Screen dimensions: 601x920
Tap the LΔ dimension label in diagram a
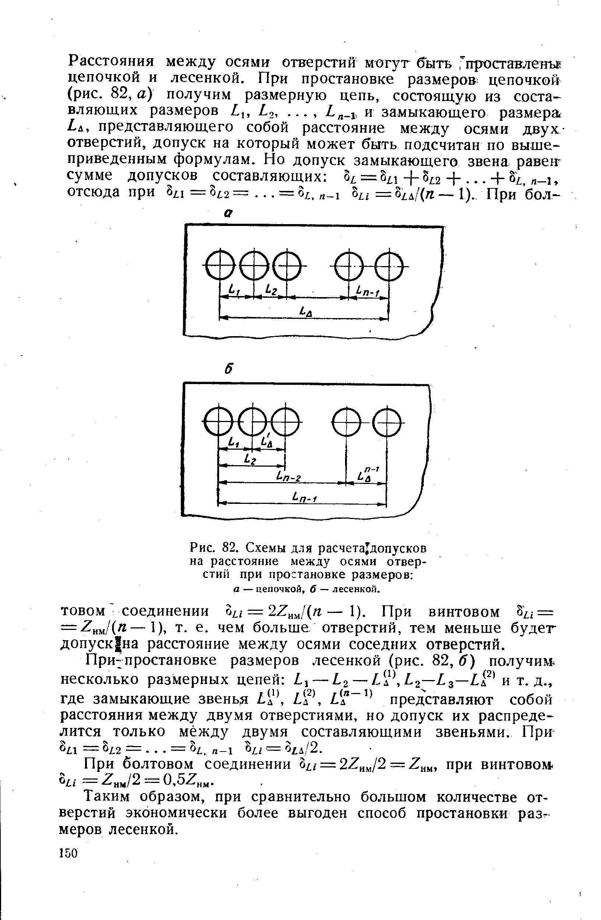tap(306, 311)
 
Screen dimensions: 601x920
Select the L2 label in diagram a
tap(272, 290)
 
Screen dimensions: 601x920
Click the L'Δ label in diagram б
tap(267, 442)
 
